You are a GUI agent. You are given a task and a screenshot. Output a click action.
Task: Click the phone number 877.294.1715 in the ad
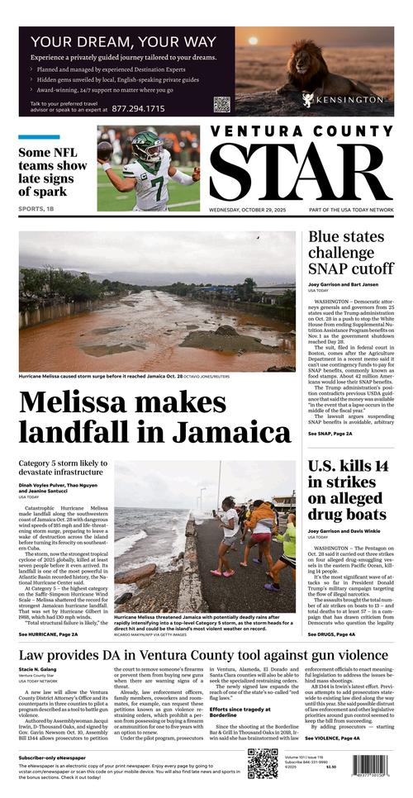pos(138,108)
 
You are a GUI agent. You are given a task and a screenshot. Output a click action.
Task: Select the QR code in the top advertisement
pos(221,104)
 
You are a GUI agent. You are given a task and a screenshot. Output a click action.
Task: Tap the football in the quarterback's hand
pos(105,151)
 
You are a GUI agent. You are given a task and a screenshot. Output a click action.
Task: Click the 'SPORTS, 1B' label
pos(38,209)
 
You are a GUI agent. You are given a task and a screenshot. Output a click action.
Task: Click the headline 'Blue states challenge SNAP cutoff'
pos(351,253)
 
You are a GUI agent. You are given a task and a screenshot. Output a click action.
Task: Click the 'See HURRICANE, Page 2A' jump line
pos(48,634)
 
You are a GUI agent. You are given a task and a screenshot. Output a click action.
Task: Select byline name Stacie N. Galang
pos(38,669)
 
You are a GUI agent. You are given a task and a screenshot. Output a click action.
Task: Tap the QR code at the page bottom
pos(263,764)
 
